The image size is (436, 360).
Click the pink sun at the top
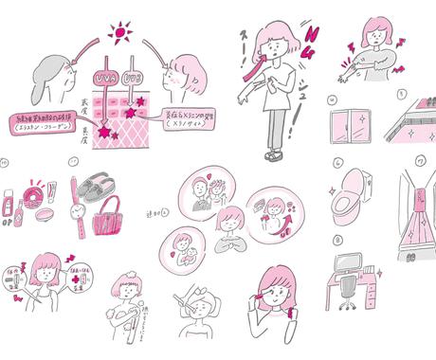[x=120, y=35]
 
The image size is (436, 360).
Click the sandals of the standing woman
[x=273, y=153]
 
